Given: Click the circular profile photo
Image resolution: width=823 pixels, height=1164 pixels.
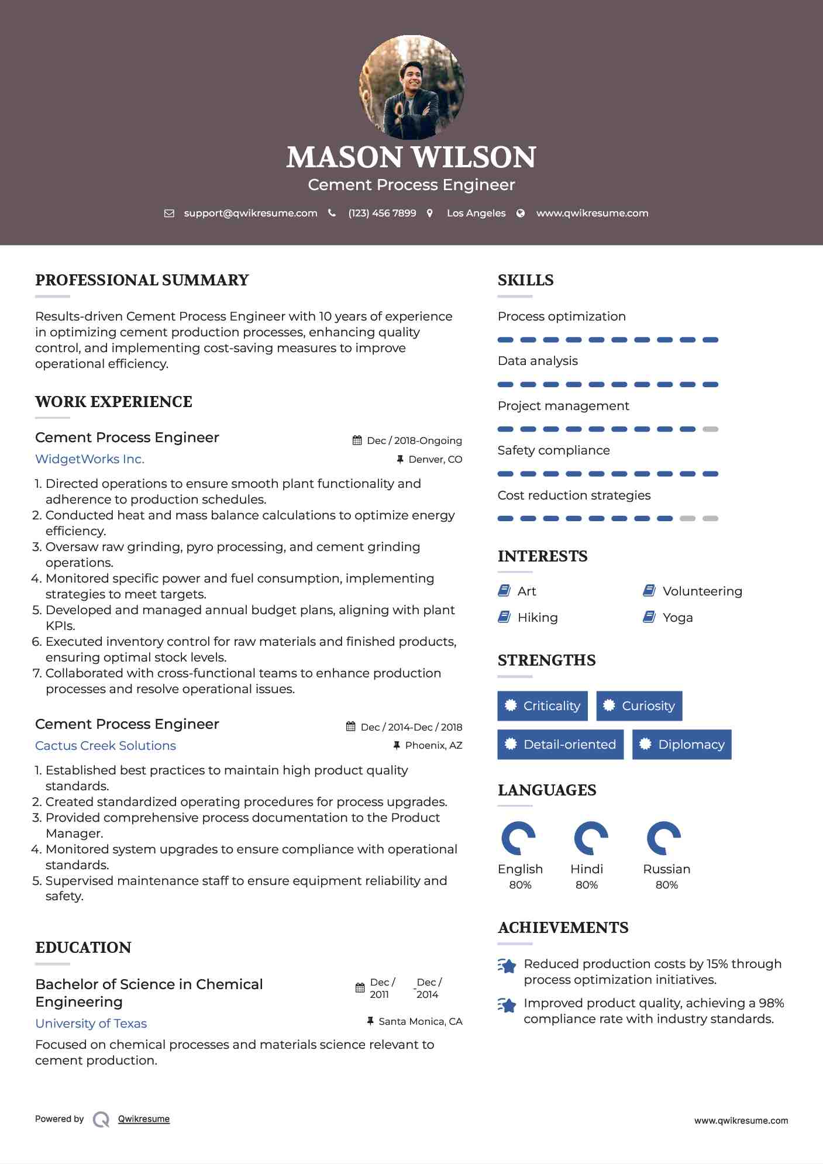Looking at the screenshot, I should point(411,88).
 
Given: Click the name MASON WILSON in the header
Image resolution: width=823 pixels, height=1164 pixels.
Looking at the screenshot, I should point(411,157).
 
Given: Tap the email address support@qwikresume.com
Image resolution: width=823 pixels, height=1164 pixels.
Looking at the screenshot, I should point(250,213).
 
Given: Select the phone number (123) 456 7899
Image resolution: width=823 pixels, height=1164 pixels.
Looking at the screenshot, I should point(382,213).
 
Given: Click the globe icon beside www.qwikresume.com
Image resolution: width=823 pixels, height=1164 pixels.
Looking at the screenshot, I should point(521,213).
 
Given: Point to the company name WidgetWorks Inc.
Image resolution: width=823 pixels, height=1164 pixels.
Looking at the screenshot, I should point(89,459).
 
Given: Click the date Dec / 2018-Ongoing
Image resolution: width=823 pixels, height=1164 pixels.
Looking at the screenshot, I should point(414,441).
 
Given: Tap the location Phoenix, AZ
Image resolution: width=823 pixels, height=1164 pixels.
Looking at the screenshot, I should point(433,746).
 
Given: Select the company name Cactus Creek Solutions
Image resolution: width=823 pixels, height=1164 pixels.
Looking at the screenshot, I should point(105,746).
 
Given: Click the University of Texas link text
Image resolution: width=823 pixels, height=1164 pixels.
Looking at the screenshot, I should point(91,1024).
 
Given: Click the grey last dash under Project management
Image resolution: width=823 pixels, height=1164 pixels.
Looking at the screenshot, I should point(710,429).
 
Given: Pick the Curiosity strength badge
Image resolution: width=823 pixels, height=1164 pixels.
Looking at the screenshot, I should point(639,706).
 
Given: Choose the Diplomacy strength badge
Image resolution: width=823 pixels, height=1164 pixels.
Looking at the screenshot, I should point(681,745).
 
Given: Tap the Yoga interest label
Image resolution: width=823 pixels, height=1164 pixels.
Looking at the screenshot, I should point(677,618).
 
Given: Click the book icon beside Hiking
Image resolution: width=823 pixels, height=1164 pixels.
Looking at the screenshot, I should point(504,617).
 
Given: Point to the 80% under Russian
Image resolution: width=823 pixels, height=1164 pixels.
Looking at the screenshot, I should point(666,885).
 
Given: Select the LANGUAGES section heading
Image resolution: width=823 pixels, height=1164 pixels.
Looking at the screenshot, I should point(547,790).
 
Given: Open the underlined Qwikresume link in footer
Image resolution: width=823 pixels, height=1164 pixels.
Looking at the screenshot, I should point(144,1119).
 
